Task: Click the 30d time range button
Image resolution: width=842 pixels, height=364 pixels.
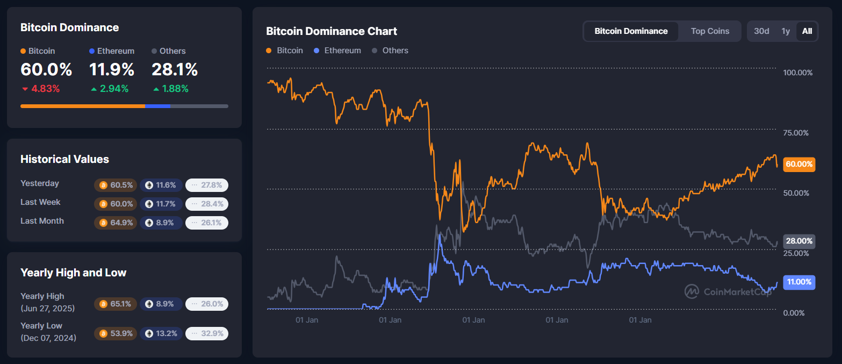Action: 761,31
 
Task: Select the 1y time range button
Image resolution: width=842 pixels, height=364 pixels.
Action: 785,31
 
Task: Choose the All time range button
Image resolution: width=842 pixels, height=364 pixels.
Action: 807,31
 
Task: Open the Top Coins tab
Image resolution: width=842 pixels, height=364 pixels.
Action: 710,31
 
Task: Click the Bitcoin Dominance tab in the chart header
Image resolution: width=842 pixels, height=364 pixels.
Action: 631,31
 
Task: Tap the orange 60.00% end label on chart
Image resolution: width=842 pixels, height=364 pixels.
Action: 798,165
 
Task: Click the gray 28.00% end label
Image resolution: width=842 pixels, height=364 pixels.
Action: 798,241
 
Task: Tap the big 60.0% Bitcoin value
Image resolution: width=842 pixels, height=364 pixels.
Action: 46,70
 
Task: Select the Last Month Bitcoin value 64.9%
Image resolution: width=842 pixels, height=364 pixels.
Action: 116,223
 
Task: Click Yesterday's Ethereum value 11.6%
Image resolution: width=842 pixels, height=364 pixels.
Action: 161,185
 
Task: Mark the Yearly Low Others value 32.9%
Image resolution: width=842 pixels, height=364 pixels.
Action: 207,333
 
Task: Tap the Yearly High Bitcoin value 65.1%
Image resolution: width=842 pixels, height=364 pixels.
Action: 116,304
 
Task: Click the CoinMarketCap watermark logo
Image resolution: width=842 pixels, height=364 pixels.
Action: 728,291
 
